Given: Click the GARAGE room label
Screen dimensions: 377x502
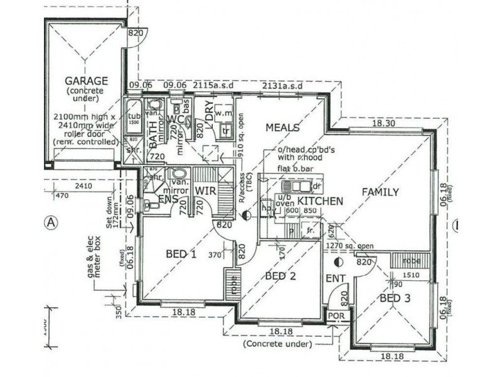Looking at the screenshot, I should (87, 81).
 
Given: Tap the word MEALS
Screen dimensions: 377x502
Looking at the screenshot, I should (282, 128).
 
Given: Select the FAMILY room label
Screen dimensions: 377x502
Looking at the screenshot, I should (380, 192).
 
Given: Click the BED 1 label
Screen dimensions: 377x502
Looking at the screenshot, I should (181, 254).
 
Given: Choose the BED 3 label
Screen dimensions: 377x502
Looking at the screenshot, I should (395, 298).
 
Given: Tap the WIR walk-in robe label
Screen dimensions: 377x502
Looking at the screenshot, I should (205, 190).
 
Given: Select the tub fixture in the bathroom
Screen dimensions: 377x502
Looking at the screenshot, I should (133, 119).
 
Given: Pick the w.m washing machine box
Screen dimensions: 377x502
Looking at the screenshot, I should (223, 114).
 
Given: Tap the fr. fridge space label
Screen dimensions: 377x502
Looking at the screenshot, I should (310, 231).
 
